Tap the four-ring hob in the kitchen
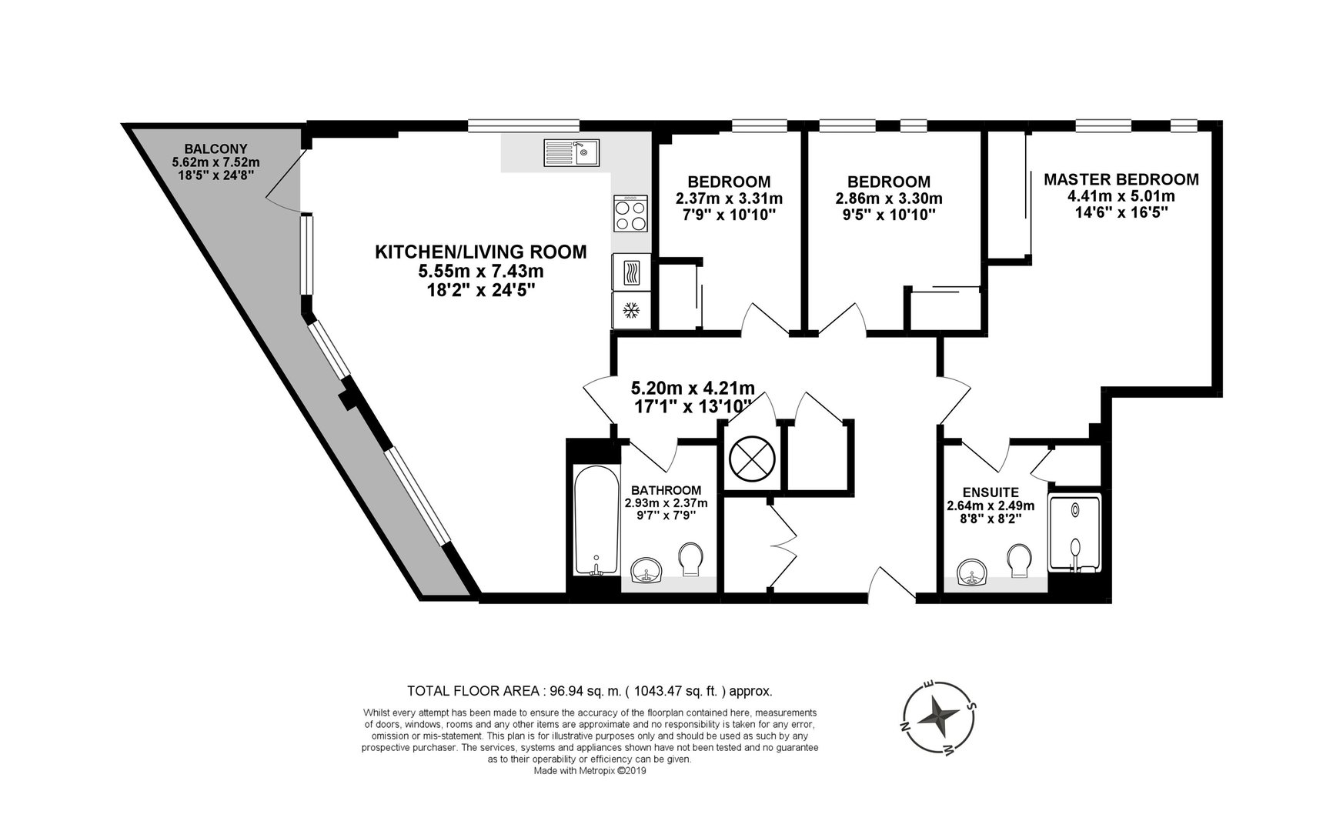click(x=632, y=214)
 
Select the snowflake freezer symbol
click(x=632, y=310)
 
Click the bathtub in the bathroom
click(x=596, y=521)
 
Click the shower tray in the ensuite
click(x=1075, y=533)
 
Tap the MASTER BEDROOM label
click(x=1121, y=179)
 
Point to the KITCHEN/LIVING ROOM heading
click(x=480, y=252)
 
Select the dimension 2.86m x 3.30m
click(x=889, y=199)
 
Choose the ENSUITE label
click(x=991, y=492)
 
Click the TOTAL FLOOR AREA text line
click(x=590, y=691)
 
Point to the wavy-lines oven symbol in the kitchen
click(x=632, y=272)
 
